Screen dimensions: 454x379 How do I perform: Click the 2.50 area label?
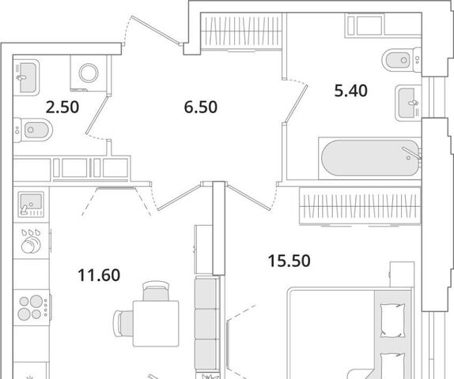[x=62, y=107]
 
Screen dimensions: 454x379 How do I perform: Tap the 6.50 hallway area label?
[x=200, y=107]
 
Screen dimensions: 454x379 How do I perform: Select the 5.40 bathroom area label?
[x=351, y=91]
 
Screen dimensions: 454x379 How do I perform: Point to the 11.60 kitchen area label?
[x=99, y=275]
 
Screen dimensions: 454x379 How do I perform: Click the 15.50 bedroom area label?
[x=289, y=261]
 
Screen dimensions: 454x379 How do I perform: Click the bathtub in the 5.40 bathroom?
[x=369, y=158]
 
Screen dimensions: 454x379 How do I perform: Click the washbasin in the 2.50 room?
[x=26, y=77]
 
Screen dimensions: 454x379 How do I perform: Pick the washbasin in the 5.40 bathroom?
[x=408, y=103]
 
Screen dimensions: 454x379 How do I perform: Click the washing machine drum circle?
[x=89, y=73]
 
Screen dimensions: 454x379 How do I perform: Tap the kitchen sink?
[x=31, y=205]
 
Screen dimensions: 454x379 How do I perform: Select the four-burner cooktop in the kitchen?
[x=32, y=307]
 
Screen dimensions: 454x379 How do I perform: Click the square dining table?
[x=156, y=323]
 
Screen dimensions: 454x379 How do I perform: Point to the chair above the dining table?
[x=156, y=291]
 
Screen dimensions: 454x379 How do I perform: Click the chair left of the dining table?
[x=123, y=324]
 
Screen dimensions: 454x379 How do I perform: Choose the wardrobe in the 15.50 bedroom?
[x=360, y=206]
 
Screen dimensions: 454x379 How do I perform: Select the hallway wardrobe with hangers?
[x=241, y=32]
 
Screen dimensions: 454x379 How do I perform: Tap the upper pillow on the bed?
[x=392, y=320]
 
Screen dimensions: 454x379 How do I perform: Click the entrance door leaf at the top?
[x=157, y=30]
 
